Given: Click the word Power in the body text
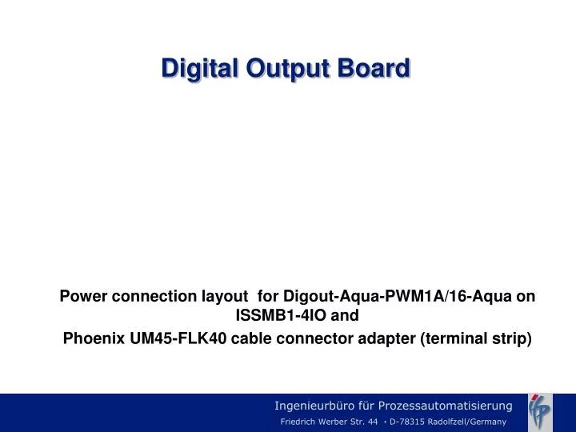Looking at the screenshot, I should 84,296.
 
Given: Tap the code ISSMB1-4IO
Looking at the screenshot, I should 281,315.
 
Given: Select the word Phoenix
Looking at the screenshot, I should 93,338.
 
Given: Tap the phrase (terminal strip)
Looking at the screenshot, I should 476,338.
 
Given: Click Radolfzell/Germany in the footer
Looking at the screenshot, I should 466,422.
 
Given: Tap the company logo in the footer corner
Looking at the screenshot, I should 540,411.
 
